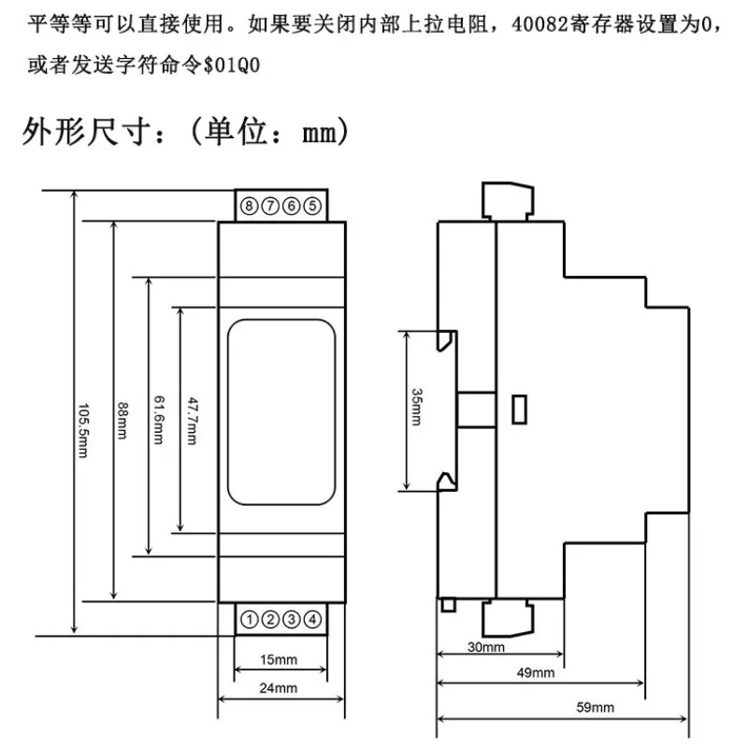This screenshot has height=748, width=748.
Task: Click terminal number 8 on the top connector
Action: point(249,206)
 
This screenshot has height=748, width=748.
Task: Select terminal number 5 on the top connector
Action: point(312,206)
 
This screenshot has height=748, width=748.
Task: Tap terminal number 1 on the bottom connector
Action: point(249,620)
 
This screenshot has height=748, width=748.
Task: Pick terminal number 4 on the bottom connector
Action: point(312,620)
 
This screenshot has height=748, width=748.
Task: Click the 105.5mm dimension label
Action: point(83,430)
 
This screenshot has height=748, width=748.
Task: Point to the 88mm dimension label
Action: point(122,420)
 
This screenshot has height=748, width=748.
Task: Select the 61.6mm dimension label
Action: point(159,419)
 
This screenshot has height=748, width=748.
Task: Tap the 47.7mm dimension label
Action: point(193,421)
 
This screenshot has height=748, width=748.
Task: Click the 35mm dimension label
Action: point(416,407)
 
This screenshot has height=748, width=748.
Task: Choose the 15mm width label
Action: point(279,660)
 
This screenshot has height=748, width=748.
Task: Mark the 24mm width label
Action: point(279,688)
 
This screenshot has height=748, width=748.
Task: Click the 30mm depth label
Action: point(486,647)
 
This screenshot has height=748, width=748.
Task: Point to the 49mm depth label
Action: point(536,672)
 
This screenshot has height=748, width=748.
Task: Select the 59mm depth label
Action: point(596,707)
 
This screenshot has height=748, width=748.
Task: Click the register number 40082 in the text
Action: point(540,24)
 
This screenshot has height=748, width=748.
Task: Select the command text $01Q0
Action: point(232,65)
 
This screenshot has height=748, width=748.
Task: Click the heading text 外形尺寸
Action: point(87,132)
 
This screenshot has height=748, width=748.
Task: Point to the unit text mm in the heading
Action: point(319,134)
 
